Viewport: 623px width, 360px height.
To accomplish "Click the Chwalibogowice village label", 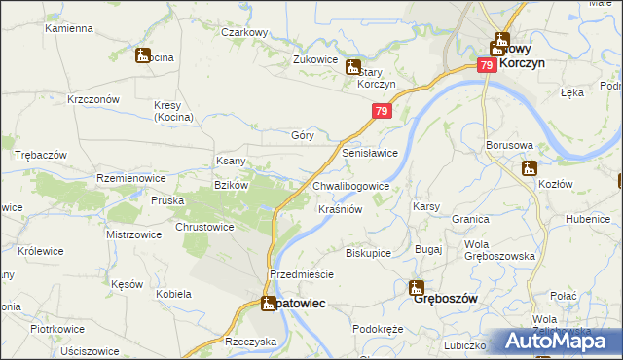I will [350, 186].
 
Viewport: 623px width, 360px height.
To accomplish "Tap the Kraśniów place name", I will [340, 209].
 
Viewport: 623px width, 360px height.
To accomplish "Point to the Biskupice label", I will [368, 253].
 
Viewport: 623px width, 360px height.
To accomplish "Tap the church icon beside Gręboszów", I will [416, 287].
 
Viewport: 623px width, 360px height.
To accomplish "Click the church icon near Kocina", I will [143, 56].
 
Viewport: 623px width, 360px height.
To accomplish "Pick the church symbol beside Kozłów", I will [529, 168].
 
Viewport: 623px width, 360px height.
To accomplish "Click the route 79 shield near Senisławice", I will [381, 113].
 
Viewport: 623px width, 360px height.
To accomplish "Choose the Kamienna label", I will [67, 28].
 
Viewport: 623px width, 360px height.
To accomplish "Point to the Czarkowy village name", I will [243, 32].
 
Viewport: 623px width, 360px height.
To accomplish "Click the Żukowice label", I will [313, 58].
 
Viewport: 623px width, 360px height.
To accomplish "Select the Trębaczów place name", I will [40, 156].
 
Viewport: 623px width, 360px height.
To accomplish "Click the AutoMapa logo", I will [556, 342].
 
